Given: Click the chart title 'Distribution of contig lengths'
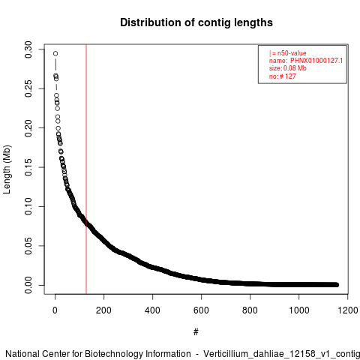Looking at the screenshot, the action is coord(196,22).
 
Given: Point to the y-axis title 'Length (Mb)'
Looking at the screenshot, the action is coord(7,169).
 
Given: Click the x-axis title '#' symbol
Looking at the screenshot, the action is coord(196,332).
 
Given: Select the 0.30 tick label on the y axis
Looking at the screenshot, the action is coord(28,49).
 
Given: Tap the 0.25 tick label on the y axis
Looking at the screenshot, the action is coord(28,88).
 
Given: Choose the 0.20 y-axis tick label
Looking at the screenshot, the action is coord(28,128).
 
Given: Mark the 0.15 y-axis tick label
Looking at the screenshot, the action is coord(28,167).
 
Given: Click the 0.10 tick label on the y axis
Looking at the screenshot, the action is coord(28,206).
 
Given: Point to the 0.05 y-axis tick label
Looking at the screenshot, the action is coord(28,246).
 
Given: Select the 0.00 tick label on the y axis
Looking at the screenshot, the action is coord(28,285).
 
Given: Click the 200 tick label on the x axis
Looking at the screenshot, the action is coord(103,310).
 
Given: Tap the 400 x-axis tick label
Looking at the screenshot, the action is coord(152,310).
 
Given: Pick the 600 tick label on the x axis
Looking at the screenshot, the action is coord(201,310).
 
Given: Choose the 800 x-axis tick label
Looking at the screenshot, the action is coord(250,310).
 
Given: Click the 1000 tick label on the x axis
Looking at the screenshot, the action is coord(298,310).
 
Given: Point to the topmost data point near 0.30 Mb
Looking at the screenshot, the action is coord(55,53).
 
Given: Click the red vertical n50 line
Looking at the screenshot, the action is coord(86,169).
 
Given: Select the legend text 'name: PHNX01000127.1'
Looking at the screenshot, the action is coord(306,61).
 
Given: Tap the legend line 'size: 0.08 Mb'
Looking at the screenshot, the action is coord(288,68).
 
